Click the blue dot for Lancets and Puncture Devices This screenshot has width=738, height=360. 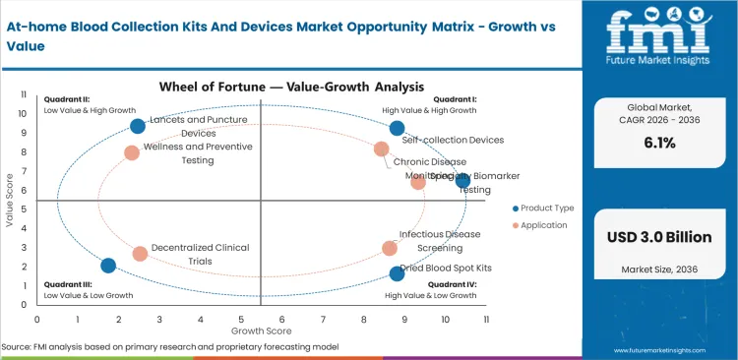pos(138,126)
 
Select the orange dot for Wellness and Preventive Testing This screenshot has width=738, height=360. pos(132,152)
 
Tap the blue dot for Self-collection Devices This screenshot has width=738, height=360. pos(397,128)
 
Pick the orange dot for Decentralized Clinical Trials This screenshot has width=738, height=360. pos(140,254)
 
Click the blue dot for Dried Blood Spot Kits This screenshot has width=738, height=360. pos(397,273)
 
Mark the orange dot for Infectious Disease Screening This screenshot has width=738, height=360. pos(390,249)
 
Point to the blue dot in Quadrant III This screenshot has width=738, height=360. pos(108,266)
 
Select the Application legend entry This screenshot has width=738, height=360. pos(540,225)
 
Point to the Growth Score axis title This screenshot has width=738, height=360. pos(261,332)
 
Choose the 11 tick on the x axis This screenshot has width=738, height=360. pos(486,319)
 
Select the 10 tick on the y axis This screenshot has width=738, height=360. pos(25,113)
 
